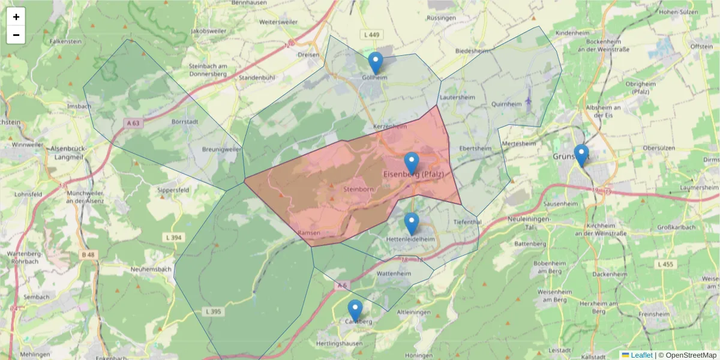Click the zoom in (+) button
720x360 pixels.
16,17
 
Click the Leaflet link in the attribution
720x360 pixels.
641,355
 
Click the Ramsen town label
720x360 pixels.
309,233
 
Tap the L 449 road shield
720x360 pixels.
372,35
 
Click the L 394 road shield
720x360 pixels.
173,238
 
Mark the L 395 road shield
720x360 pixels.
213,311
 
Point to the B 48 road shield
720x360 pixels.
88,255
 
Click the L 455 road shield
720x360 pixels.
665,265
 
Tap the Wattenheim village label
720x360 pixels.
394,274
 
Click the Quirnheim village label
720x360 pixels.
506,104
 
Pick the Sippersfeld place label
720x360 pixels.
173,190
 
